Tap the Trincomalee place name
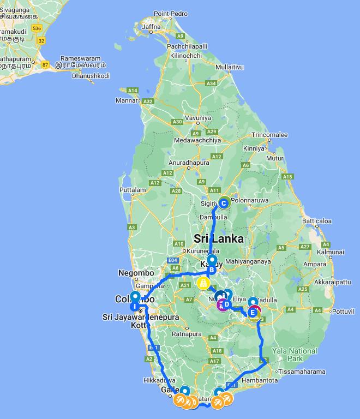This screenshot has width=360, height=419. (x=269, y=135)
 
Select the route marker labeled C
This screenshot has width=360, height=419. (x=224, y=203)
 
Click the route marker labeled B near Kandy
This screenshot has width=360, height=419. (x=212, y=270)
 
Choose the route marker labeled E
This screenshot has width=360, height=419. (x=252, y=313)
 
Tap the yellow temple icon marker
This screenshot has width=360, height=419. (x=203, y=284)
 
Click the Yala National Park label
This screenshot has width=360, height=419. (x=295, y=355)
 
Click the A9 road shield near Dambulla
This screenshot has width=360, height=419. (x=201, y=182)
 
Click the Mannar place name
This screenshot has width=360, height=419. (x=127, y=100)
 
